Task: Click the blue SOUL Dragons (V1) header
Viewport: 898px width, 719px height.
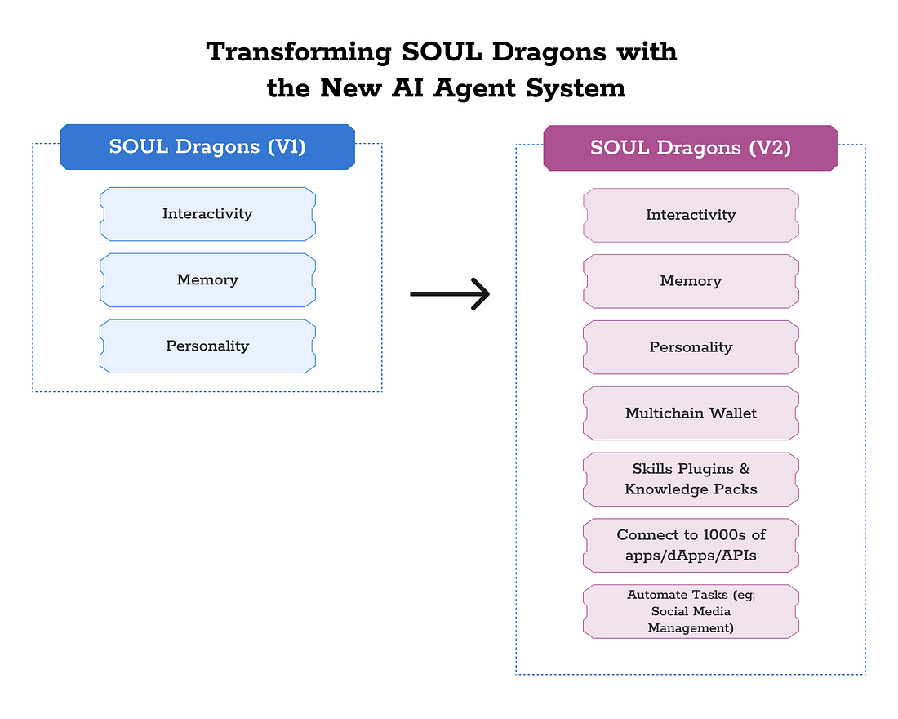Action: tap(207, 147)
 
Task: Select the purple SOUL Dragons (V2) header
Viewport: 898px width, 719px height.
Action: tap(691, 148)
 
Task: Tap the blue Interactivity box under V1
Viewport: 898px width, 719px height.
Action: tap(207, 214)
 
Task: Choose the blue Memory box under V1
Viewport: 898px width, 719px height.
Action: tap(207, 280)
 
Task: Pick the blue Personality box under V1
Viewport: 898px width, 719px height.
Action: tap(207, 346)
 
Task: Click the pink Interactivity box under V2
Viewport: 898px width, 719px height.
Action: tap(691, 215)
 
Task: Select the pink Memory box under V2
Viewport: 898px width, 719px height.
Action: tap(691, 281)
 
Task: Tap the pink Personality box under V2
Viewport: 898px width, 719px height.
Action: tap(691, 347)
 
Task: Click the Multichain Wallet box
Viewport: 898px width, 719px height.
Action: tap(691, 413)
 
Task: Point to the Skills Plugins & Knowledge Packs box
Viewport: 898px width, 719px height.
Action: tap(691, 480)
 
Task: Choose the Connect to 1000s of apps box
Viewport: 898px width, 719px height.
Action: tap(691, 545)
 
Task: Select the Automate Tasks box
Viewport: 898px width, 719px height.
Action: tap(691, 611)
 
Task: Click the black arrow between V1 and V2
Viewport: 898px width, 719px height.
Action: tap(450, 294)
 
